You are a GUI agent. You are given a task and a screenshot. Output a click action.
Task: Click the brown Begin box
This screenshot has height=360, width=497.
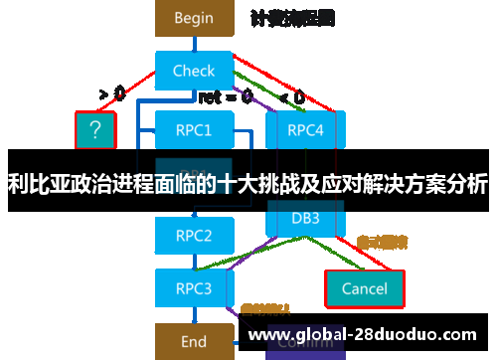pos(194,17)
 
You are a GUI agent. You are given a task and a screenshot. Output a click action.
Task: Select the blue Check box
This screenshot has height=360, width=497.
pos(194,71)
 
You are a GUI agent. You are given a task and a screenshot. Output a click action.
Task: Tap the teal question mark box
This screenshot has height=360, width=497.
pos(95,128)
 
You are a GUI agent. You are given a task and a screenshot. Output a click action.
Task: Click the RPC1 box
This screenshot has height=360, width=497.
pos(194,129)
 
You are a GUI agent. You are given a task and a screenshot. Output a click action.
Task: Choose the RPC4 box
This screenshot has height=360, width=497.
pos(305,129)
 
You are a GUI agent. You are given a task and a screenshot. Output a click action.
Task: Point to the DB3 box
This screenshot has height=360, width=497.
pos(304,218)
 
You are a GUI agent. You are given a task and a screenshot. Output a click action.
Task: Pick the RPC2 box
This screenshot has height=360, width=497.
pos(194,236)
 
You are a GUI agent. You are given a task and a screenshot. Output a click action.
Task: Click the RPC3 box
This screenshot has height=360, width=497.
pos(194,288)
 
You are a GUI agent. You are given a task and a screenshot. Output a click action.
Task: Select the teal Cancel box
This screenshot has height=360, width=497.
pos(364,288)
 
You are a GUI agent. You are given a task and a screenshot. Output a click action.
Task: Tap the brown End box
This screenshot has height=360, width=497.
pos(194,341)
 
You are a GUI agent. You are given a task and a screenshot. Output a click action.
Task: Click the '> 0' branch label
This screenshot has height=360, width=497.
pos(111,94)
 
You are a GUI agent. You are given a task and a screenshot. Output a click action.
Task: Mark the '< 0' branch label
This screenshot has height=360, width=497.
pos(291,97)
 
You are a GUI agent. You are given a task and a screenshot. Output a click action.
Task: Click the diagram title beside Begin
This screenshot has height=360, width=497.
pos(292,18)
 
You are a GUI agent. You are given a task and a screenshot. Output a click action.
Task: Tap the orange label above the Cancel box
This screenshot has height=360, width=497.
pos(382,242)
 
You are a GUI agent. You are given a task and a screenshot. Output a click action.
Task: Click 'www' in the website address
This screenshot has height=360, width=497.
pos(267,334)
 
